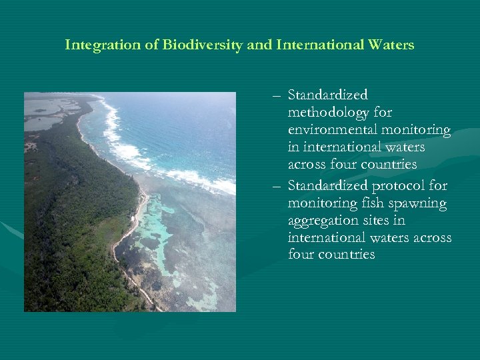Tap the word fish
(x=367, y=203)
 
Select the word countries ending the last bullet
(x=350, y=255)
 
